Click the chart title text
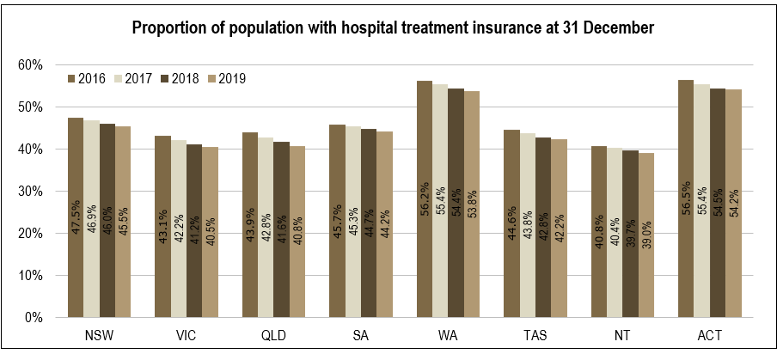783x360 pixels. (393, 28)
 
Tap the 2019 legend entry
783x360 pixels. (226, 79)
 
